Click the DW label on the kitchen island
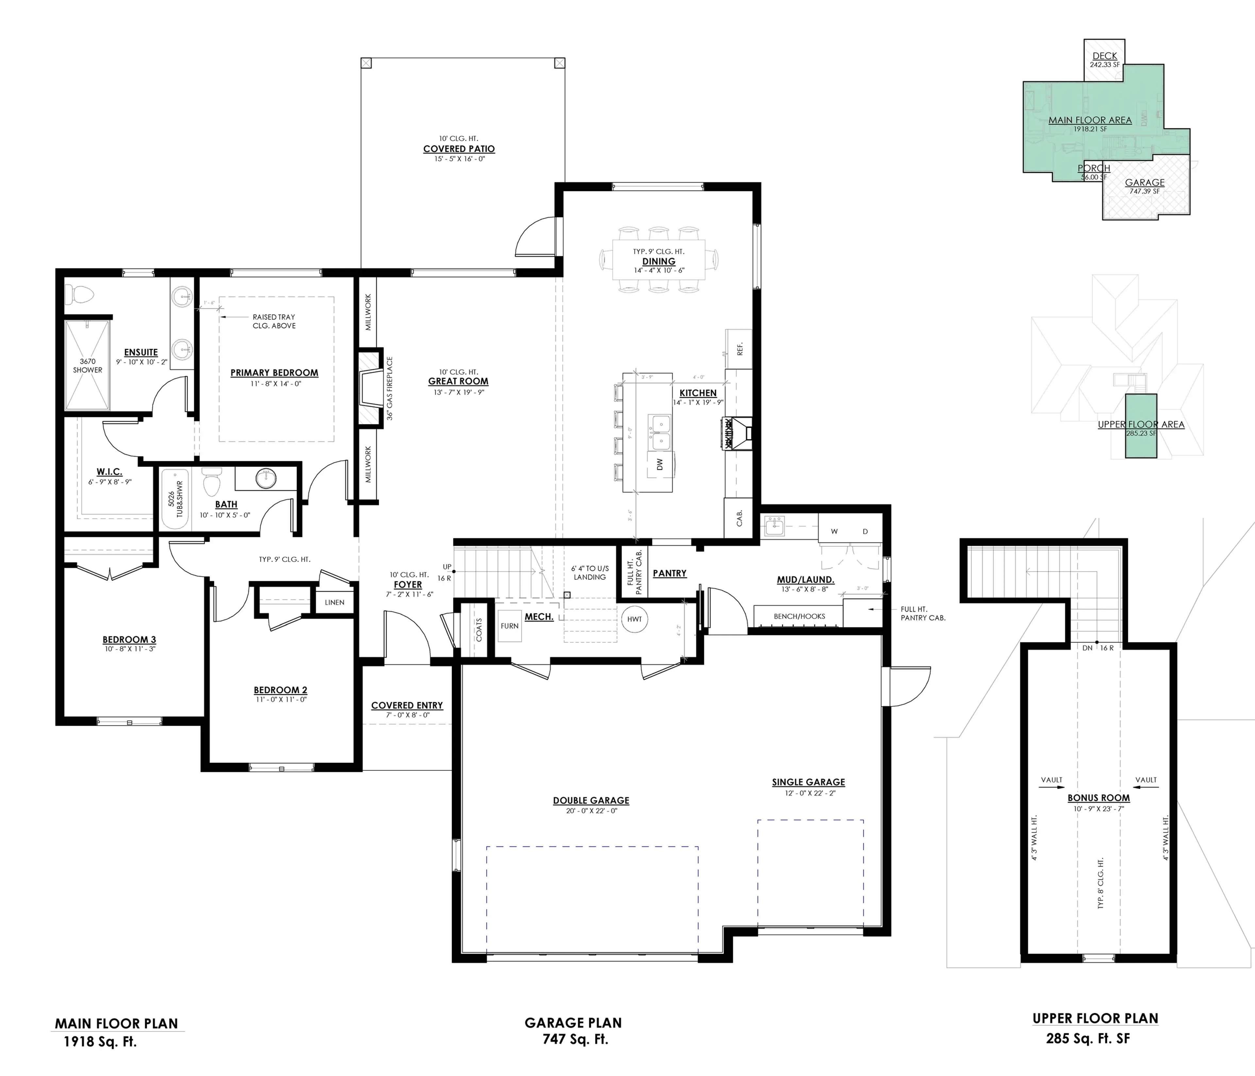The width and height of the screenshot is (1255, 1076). tap(660, 464)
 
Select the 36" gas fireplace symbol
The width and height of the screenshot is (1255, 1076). tap(370, 389)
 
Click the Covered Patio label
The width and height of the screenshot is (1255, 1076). tap(459, 149)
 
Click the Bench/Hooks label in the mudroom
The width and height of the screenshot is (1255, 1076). tap(799, 616)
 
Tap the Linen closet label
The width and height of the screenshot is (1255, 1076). tap(334, 603)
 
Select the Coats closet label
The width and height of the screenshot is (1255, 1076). tap(479, 630)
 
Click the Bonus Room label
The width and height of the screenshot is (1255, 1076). tap(1098, 798)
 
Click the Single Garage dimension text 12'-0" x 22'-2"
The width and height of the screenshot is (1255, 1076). tap(808, 793)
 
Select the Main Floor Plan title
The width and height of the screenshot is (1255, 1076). tap(116, 1023)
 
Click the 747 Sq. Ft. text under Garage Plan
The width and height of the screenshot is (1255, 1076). tap(575, 1039)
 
